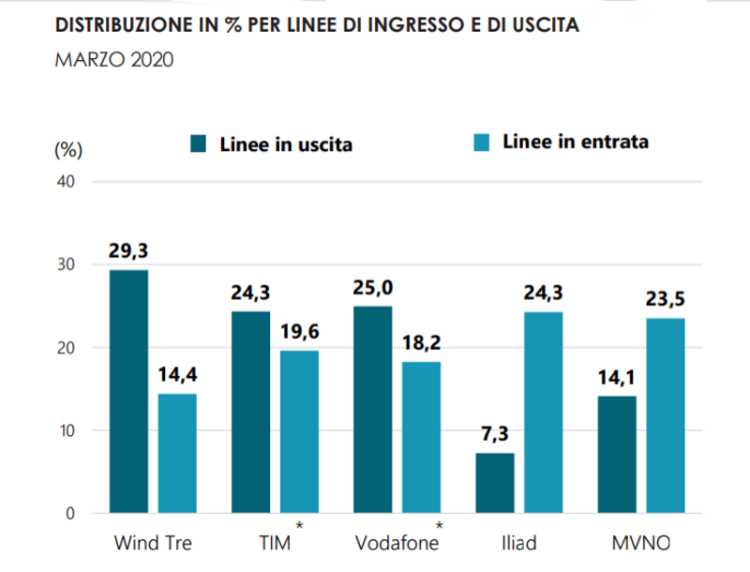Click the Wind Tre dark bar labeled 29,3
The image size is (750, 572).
click(x=128, y=392)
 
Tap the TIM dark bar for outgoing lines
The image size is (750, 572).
click(x=250, y=413)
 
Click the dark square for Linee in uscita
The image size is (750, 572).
click(x=200, y=144)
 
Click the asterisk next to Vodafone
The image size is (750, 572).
click(x=439, y=526)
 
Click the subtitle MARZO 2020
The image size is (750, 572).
click(x=113, y=61)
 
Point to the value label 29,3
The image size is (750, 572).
click(x=128, y=251)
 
